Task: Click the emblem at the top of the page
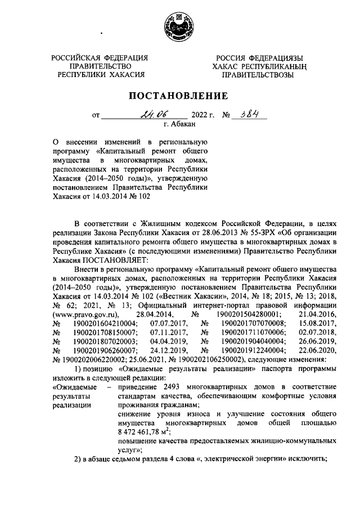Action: click(180, 26)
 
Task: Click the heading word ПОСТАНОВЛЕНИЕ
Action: click(180, 95)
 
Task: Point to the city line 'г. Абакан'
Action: click(179, 125)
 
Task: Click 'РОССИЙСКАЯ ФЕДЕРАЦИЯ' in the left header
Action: click(100, 57)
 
